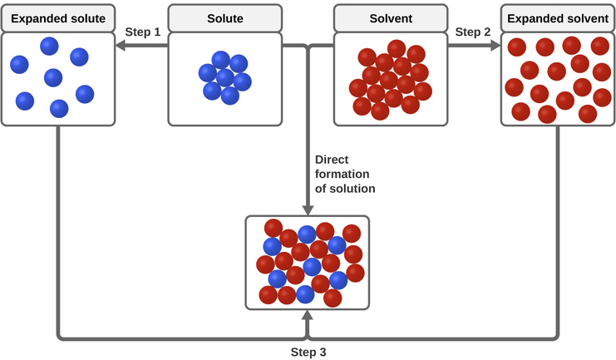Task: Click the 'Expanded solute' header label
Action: (58, 18)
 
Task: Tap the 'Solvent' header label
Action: (391, 18)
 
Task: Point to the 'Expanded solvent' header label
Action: (557, 18)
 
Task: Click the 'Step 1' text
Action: (142, 32)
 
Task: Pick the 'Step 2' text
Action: (473, 32)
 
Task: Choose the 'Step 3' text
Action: (308, 352)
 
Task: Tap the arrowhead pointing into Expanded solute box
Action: (121, 47)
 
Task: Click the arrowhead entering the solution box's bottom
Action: (308, 316)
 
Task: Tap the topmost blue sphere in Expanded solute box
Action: (50, 46)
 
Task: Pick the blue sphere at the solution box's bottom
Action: (306, 293)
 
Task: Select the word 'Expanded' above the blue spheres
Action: (37, 18)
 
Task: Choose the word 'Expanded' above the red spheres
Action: (533, 18)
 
